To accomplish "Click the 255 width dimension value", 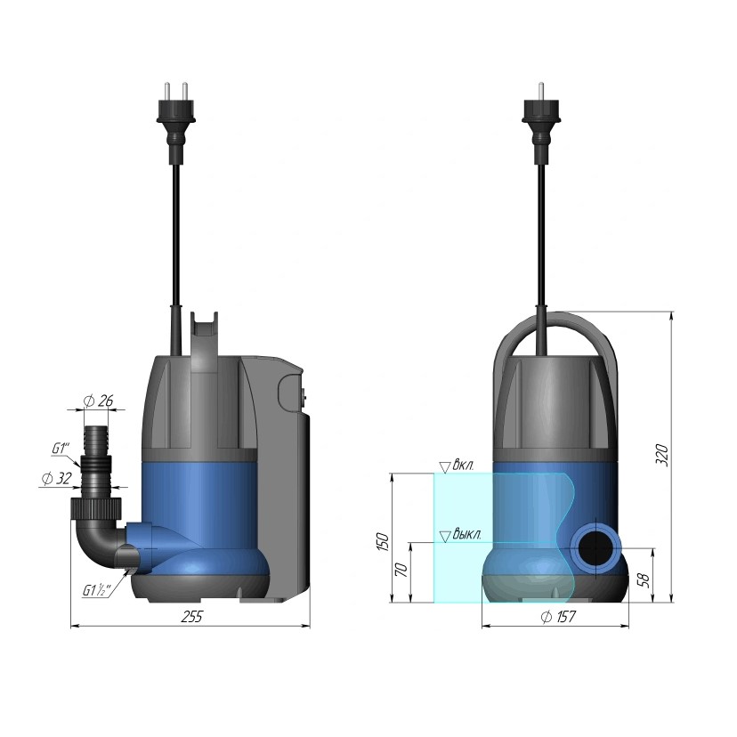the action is coord(191,616).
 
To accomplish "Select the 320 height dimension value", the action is coord(661,454).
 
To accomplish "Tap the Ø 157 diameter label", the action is coord(558,617).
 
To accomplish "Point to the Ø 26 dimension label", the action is coord(98,401).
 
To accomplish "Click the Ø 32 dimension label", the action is coord(56,479).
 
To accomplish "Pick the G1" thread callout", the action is coord(61,449).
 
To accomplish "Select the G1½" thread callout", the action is coord(97,590).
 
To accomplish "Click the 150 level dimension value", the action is coord(383,542).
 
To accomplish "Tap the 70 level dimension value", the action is coord(401,571).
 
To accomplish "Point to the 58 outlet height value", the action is coord(644,579).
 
